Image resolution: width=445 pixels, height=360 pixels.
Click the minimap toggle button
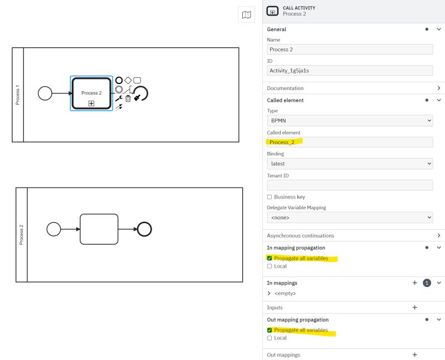(246, 15)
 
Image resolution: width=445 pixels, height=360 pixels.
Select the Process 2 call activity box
(91, 93)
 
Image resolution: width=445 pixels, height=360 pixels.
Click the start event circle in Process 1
(45, 93)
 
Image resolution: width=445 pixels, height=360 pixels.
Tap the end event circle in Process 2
(144, 229)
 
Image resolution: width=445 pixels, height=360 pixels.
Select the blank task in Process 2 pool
(99, 229)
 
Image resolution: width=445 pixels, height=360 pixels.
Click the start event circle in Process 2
(53, 229)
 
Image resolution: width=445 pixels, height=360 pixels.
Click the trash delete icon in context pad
(128, 98)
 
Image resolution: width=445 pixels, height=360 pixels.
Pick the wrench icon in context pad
(119, 98)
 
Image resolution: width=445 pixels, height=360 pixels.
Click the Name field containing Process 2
(350, 50)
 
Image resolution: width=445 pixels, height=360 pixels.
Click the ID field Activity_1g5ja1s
(350, 71)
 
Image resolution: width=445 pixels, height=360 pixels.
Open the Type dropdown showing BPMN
(350, 121)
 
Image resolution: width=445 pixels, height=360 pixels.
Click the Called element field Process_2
(350, 142)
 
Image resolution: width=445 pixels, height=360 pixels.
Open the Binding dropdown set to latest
(350, 164)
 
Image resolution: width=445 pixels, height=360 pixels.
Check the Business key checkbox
(270, 197)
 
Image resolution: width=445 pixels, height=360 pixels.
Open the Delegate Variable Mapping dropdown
(350, 218)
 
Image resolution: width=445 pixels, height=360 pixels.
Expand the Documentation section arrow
(439, 88)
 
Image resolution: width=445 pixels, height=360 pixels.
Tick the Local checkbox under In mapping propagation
(270, 267)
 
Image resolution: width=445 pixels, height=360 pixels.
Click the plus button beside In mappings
(414, 283)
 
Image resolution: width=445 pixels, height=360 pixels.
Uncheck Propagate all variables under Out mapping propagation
(270, 331)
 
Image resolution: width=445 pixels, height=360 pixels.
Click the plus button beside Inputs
(414, 308)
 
